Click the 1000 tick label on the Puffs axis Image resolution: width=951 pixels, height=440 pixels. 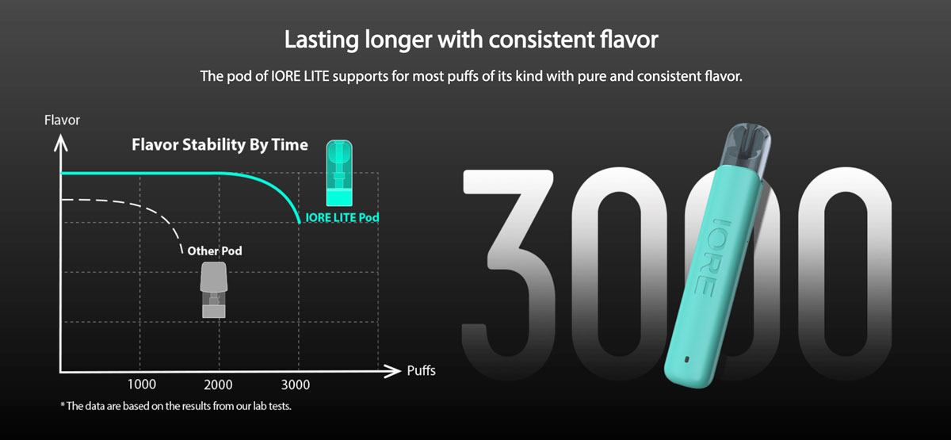(142, 385)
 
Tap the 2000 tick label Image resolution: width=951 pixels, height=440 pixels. (218, 385)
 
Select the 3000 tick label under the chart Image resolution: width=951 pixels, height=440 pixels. (296, 385)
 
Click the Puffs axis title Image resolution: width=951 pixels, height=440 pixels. (421, 371)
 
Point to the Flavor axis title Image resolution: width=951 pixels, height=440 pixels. (62, 121)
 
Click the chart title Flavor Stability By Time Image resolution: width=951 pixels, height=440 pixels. (220, 145)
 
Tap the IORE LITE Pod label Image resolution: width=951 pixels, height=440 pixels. (342, 217)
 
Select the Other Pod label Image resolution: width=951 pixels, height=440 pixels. (215, 251)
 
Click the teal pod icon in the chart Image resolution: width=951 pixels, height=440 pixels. (339, 174)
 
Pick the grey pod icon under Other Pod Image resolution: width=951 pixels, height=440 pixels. (214, 289)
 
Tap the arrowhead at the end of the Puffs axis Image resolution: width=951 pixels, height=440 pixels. (392, 371)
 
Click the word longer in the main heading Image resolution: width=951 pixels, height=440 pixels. (399, 40)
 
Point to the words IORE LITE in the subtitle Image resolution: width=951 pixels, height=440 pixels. (300, 76)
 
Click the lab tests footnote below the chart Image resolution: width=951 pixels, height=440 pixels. (176, 406)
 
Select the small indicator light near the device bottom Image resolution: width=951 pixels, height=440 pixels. (687, 359)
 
